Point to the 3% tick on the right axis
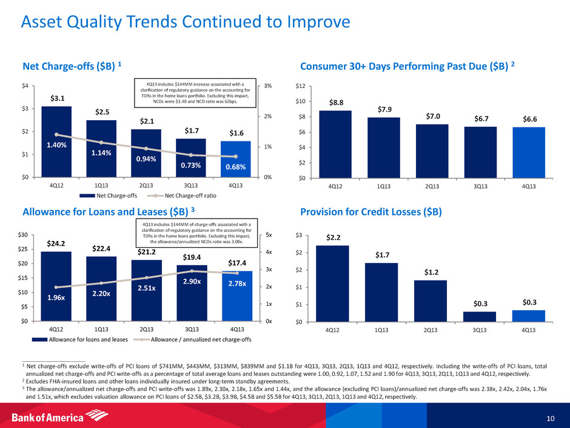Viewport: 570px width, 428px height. pos(266,86)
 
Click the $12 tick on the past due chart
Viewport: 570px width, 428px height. pos(300,86)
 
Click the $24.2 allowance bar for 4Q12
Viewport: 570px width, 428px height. pos(56,286)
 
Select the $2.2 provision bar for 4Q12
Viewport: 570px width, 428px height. pos(332,283)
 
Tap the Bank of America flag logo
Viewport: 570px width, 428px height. pos(94,416)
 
